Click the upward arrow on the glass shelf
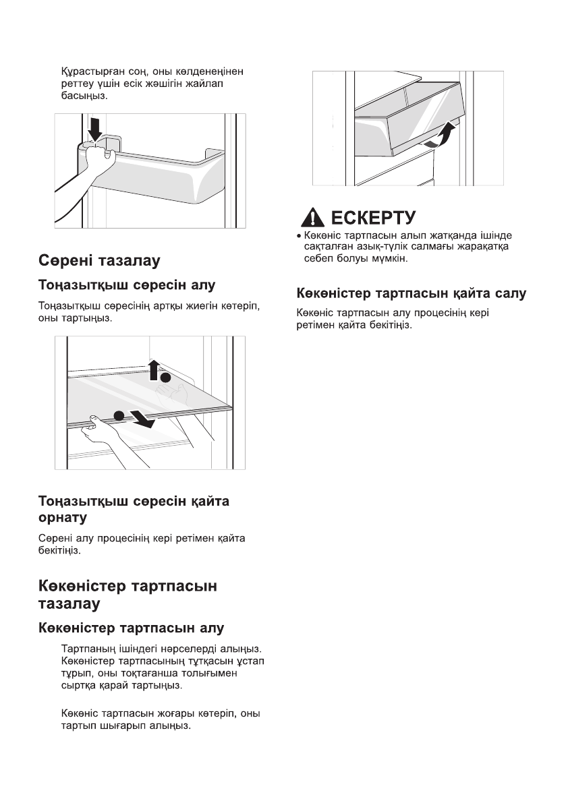tap(154, 370)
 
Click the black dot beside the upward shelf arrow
tap(166, 378)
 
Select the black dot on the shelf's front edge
tap(119, 415)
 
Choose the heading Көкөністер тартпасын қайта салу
tap(412, 293)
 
